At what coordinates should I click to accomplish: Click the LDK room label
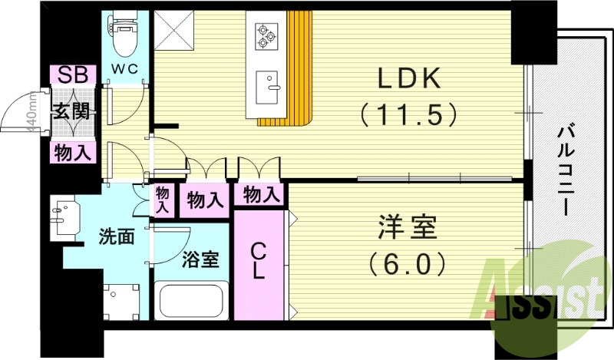pos(408,80)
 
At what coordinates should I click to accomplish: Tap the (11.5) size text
pos(408,115)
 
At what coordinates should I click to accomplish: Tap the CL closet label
pos(260,260)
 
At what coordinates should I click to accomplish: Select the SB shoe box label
pos(72,74)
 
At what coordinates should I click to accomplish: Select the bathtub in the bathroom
pos(192,302)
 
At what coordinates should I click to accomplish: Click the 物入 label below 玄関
pos(73,153)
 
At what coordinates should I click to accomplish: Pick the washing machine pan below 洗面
pos(121,302)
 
